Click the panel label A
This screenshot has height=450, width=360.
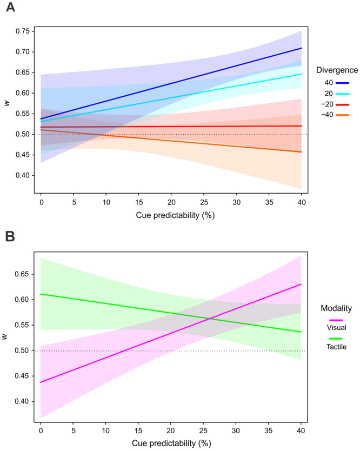pos(9,9)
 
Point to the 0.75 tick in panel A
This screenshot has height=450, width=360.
pos(23,31)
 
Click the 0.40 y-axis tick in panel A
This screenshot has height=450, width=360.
pos(23,175)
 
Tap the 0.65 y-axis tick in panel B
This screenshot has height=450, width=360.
pos(23,274)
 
